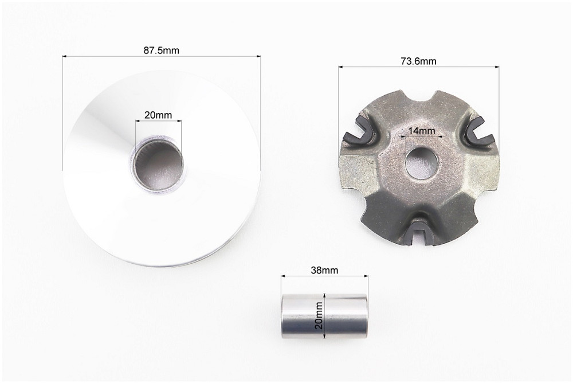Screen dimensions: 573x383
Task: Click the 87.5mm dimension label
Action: tap(161, 50)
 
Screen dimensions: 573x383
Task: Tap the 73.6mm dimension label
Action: tap(418, 61)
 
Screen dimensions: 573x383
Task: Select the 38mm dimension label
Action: tap(324, 270)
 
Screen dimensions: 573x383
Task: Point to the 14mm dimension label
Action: tap(421, 131)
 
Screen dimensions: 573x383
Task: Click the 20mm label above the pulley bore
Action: tap(158, 115)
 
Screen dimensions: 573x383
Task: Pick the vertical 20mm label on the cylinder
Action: tap(319, 315)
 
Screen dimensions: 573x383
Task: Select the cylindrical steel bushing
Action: tap(324, 316)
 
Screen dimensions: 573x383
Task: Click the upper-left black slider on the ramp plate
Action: tap(359, 131)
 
